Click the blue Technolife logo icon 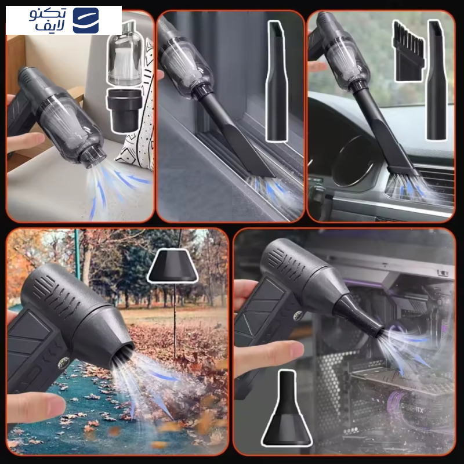tap(86, 20)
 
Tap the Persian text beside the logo tap(48, 20)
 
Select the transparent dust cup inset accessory tap(125, 53)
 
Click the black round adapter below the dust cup tap(125, 110)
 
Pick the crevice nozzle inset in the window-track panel tap(277, 81)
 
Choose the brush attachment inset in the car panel tap(408, 52)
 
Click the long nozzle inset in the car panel tap(437, 80)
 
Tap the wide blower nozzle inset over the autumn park tap(173, 265)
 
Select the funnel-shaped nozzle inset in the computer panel tap(287, 408)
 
